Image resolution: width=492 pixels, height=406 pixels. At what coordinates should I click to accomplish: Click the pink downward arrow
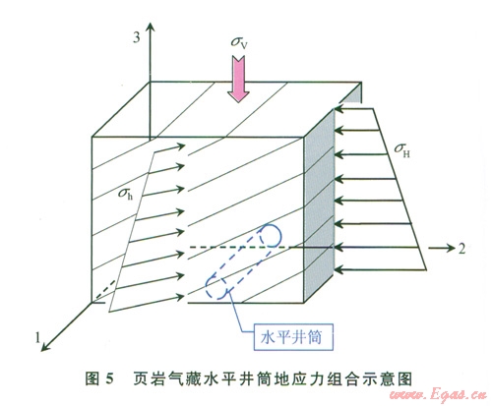point(238,79)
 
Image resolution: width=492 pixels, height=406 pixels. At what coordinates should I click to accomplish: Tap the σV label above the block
point(238,42)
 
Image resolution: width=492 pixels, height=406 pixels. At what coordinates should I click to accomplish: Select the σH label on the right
point(402,150)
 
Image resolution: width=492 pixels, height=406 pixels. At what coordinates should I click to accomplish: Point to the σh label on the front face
point(126,194)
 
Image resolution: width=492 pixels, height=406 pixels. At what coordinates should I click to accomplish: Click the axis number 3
point(136,37)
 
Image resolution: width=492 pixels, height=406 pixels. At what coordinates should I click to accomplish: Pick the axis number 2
point(461,249)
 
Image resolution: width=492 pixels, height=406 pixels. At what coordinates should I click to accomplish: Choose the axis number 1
point(37,337)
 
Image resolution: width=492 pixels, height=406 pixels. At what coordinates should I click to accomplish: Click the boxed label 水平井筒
point(293,337)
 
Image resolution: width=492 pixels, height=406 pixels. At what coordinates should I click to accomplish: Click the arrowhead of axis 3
point(151,27)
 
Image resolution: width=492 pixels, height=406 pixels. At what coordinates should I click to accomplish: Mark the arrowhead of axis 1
point(44,347)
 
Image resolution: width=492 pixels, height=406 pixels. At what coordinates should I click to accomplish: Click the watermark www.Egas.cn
point(438,395)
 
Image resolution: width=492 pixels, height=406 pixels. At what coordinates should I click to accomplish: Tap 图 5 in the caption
point(99,378)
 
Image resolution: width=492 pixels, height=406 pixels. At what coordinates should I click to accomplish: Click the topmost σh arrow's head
point(181,146)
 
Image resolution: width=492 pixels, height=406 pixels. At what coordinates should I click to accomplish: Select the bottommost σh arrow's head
point(180,297)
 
